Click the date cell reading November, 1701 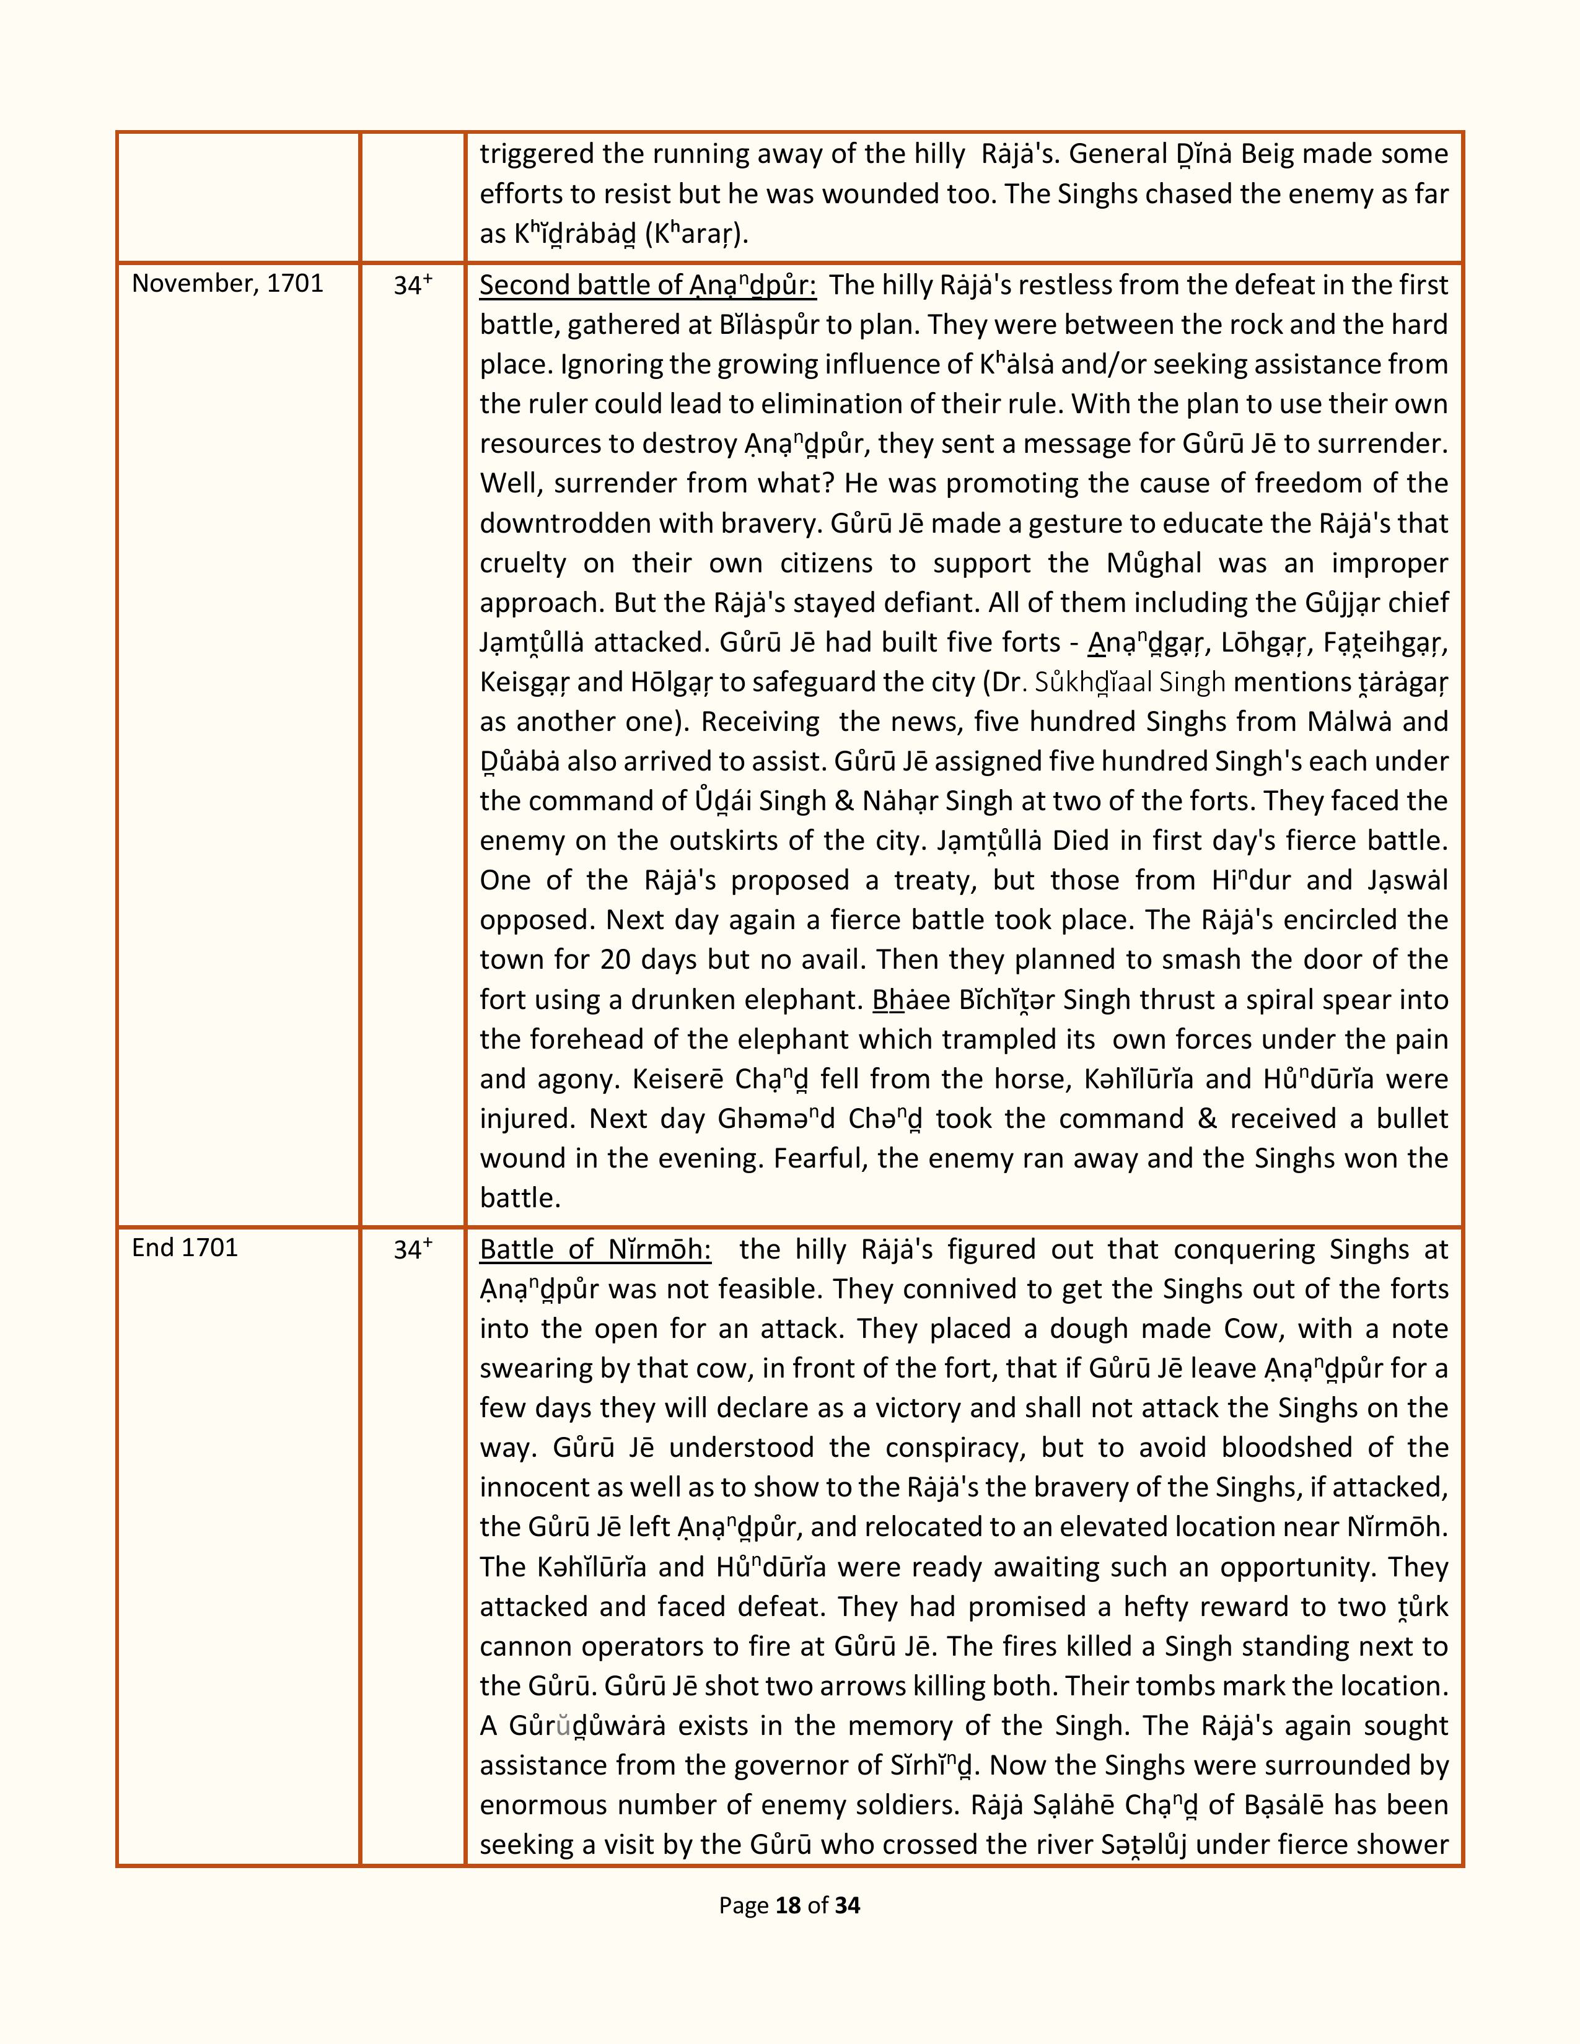(227, 284)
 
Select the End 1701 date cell (185, 1247)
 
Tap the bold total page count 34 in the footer (847, 1905)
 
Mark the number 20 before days (618, 960)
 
